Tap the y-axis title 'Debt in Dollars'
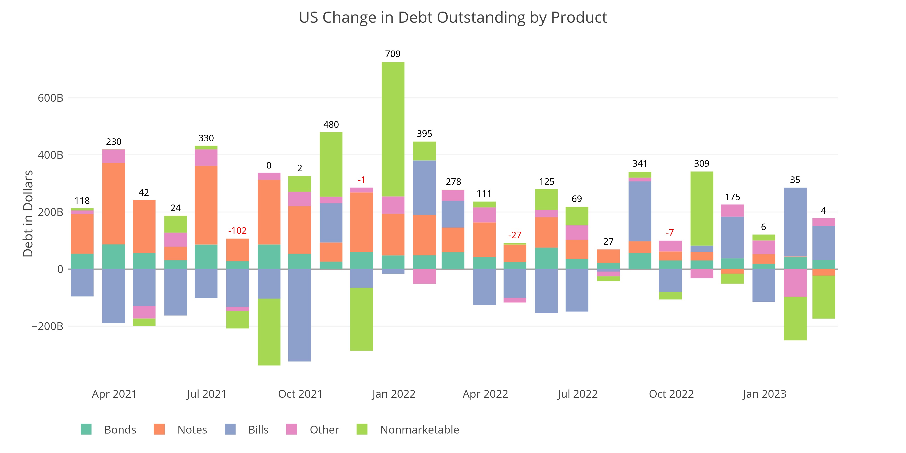tap(28, 214)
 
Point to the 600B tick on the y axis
tap(50, 98)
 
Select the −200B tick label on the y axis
tap(48, 326)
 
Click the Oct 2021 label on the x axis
tap(300, 394)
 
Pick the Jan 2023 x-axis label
tap(764, 394)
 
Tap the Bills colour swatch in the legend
tap(230, 429)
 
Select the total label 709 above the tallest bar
tap(393, 54)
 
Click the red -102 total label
tap(237, 231)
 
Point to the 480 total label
tap(331, 125)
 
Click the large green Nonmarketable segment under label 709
tap(393, 129)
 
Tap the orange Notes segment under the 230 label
tap(114, 203)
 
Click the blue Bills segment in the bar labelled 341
tap(640, 211)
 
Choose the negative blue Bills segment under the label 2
tap(299, 315)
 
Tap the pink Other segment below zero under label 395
tap(424, 276)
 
